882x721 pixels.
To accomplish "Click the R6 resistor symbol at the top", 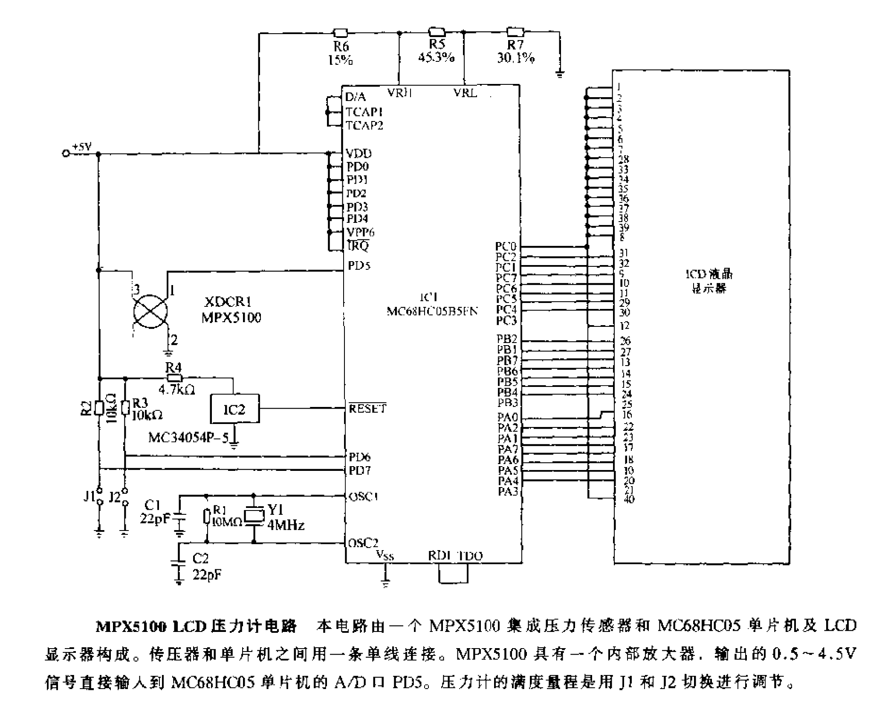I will click(340, 33).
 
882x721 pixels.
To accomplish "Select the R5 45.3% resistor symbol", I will click(437, 32).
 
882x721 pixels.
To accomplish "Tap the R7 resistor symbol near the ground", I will click(515, 32).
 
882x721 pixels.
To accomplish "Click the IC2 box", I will click(234, 409).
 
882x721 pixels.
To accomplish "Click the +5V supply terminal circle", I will click(66, 153).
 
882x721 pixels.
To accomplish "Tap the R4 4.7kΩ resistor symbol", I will click(174, 378).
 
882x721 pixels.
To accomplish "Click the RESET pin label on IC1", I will click(367, 409).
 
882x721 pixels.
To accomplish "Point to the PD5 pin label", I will click(359, 266).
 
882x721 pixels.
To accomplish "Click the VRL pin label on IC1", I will click(465, 93).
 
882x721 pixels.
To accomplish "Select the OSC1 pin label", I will click(364, 496).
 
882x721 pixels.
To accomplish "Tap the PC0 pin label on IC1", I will click(506, 246).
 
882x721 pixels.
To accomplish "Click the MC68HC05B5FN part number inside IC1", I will click(432, 311).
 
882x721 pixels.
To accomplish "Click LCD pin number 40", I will click(629, 499).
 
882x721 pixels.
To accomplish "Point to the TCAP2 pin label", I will click(364, 125).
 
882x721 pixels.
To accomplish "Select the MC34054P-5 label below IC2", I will click(188, 438).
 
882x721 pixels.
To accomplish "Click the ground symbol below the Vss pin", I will click(385, 583).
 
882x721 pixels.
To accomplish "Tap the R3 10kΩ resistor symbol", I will click(125, 408).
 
